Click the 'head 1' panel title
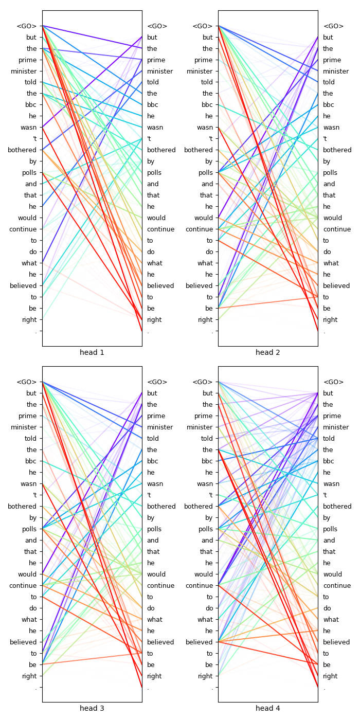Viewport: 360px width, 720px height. [x=92, y=352]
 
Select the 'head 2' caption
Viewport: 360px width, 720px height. [x=268, y=352]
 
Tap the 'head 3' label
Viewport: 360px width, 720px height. [x=92, y=708]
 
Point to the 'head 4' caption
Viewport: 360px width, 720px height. [x=268, y=708]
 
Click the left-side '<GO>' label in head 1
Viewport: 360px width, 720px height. [x=27, y=26]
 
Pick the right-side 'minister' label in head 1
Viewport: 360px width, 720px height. [x=160, y=71]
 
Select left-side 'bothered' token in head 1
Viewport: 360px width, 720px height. [x=22, y=150]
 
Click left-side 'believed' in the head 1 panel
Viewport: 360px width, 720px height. [x=23, y=286]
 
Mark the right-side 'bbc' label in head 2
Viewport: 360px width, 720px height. [x=329, y=105]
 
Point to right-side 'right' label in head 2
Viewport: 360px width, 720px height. [x=330, y=320]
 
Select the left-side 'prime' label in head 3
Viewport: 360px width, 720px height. [x=28, y=416]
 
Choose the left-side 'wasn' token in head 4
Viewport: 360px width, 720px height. [x=205, y=484]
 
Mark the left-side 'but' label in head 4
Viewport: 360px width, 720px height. [x=207, y=393]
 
